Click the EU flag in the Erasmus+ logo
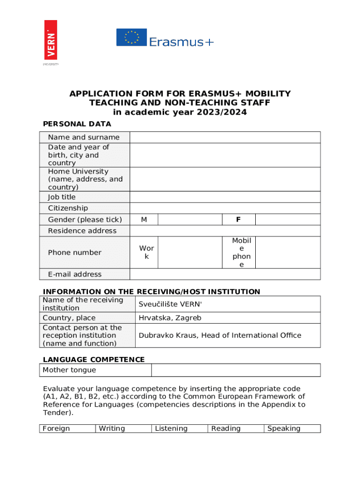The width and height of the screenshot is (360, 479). pos(131,37)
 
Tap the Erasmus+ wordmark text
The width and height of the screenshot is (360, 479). pos(181,42)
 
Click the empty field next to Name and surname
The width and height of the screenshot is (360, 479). pos(225,137)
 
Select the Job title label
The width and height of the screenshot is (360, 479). pos(62,197)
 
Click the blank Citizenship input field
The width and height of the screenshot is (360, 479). pos(225,208)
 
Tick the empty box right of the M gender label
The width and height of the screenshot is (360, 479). pos(190,220)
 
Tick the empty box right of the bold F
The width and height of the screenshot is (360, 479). pos(288,220)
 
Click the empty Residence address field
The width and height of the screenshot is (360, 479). pos(225,231)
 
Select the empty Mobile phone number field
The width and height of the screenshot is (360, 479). pos(288,253)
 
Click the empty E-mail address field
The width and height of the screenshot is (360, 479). pos(225,274)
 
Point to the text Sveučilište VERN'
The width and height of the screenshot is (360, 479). pos(171,304)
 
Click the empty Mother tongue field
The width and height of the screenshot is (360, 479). pos(236,370)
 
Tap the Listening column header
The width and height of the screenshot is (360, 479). pos(171,428)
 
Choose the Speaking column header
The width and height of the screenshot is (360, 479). pos(284,428)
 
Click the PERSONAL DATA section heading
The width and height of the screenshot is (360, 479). pos(77,124)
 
